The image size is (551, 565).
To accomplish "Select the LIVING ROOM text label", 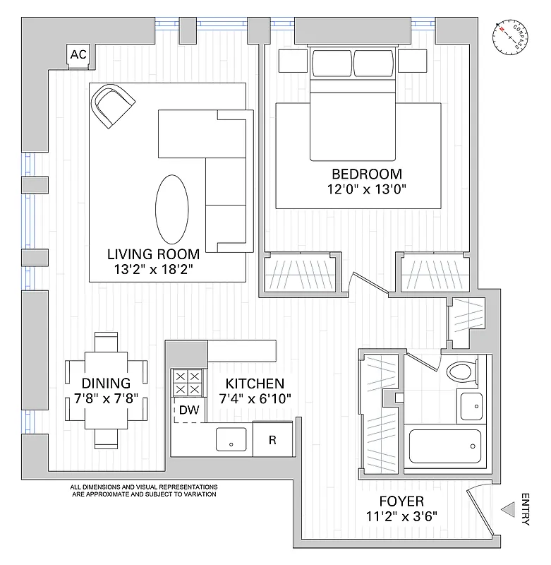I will point(152,254).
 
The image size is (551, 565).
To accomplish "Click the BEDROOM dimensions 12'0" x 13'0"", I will point(367,189).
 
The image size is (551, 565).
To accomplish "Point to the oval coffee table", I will point(171,208).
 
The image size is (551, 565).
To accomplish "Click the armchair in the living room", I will point(113,106).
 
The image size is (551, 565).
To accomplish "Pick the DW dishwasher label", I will point(187,410).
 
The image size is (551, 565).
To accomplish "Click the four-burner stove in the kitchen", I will point(187,383).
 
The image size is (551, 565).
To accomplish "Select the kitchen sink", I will point(230,439).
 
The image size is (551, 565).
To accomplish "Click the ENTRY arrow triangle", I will point(507,509).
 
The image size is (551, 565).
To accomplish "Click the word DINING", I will point(106,383).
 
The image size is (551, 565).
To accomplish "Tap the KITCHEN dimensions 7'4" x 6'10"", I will point(255,399).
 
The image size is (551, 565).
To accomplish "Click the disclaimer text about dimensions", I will point(143,491).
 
